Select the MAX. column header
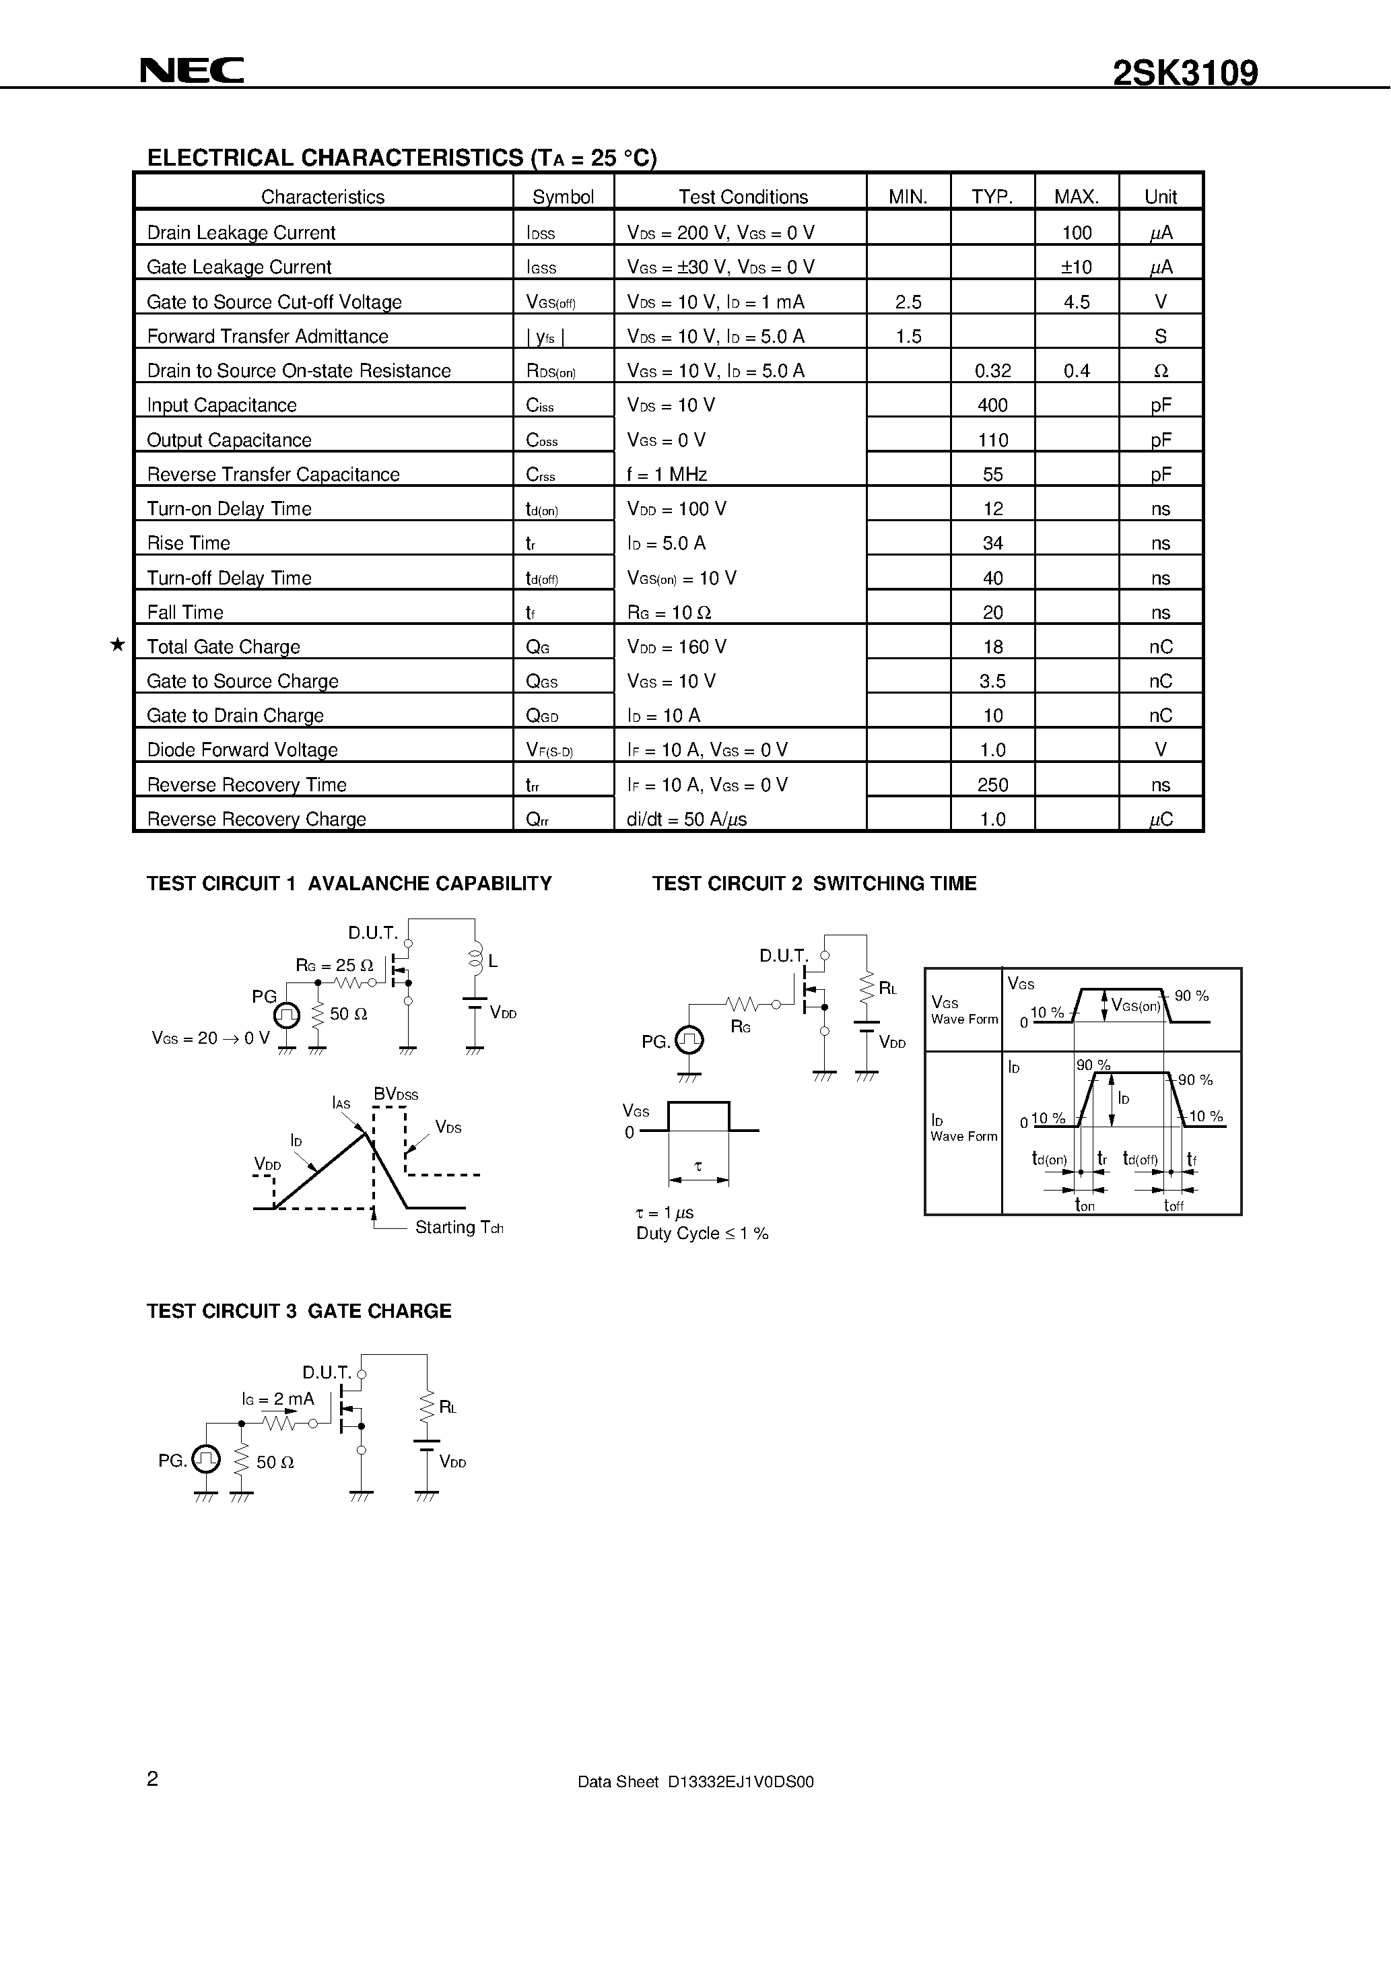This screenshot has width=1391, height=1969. coord(1077,197)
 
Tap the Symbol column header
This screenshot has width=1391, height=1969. coord(563,197)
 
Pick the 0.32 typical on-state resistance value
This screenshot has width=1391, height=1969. coord(992,370)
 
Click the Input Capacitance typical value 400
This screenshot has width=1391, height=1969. coord(992,405)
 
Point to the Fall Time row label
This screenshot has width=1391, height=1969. coord(185,612)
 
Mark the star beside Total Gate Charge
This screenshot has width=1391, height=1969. coord(118,645)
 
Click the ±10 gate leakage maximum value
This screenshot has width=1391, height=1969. coord(1077,267)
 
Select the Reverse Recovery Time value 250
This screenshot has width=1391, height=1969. coord(992,785)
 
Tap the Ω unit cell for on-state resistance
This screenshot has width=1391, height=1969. coord(1160,370)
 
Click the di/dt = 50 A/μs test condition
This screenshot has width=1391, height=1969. coord(686,819)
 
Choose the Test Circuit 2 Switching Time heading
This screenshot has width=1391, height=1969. coord(814,883)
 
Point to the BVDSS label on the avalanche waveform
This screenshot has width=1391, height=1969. coord(395,1094)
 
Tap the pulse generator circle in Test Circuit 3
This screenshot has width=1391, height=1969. coord(206,1459)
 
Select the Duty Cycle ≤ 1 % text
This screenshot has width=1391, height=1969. coord(702,1233)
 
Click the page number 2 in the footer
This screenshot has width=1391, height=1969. coord(153,1778)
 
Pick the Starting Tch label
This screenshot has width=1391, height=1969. coord(459,1227)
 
